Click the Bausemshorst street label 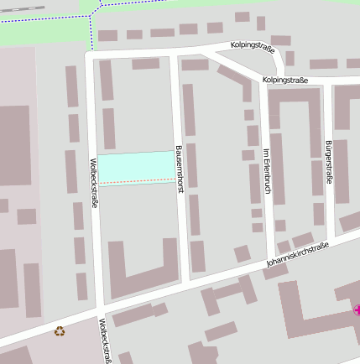[x=180, y=169]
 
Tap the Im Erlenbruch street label [x=267, y=171]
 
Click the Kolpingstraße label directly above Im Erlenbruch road [x=285, y=80]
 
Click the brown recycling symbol [x=60, y=330]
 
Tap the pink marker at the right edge [x=357, y=309]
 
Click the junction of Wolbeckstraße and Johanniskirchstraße [x=100, y=309]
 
